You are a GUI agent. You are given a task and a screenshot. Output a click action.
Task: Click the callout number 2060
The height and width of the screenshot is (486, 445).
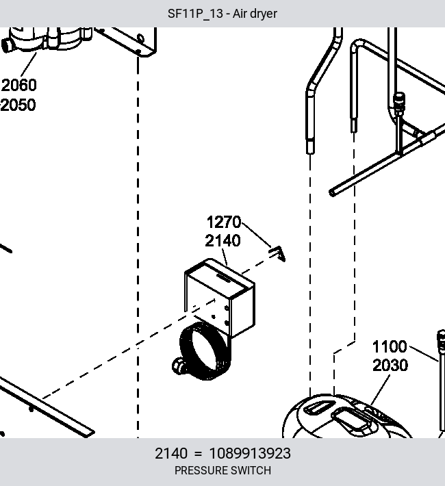(19, 86)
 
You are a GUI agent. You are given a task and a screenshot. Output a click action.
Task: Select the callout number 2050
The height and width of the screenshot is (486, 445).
(18, 105)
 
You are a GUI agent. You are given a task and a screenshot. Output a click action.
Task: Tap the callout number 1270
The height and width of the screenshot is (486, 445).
(224, 222)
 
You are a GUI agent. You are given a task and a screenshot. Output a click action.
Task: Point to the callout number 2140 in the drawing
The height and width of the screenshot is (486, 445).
(222, 241)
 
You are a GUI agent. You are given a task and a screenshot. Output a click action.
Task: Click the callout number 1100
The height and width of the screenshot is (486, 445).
(390, 346)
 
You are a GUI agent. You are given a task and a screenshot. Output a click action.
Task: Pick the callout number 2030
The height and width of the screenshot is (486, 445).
(390, 366)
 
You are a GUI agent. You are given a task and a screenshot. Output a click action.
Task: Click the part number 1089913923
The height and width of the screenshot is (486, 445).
(250, 453)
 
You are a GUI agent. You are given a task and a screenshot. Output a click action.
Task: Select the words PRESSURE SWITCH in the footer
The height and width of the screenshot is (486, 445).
(222, 470)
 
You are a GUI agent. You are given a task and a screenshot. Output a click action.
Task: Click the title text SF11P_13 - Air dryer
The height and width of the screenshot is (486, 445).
(222, 14)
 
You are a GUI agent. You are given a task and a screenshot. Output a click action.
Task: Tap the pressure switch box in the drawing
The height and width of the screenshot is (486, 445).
(220, 298)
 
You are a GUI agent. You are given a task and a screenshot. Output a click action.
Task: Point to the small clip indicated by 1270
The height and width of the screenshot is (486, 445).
(278, 253)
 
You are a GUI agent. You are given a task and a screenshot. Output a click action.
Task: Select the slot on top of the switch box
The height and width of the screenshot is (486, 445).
(224, 277)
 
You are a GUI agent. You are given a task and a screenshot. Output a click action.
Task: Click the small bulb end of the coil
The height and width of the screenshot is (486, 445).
(179, 366)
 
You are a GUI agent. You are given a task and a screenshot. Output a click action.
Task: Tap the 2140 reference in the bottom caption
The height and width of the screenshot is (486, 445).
(171, 453)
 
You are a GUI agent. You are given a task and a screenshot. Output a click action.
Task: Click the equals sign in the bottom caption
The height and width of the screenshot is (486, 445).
(198, 454)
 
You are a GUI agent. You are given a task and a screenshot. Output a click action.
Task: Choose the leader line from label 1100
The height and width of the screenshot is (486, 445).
(424, 354)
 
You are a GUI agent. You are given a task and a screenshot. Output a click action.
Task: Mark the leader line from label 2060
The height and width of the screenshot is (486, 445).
(29, 65)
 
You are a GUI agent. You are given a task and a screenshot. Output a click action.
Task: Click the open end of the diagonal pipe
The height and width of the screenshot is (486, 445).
(332, 192)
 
